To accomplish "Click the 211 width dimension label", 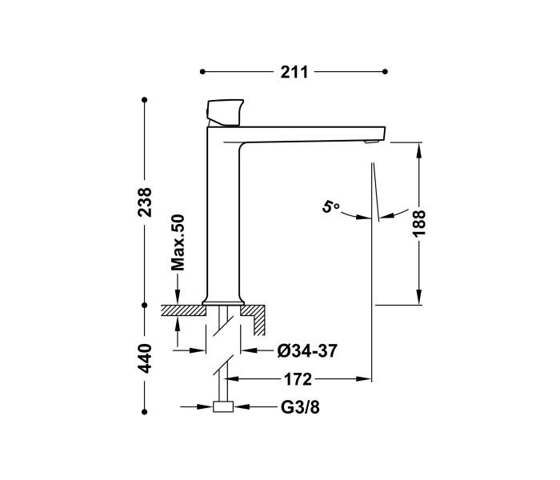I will pyautogui.click(x=294, y=72).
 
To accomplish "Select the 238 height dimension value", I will pyautogui.click(x=144, y=203).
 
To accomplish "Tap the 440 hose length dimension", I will pyautogui.click(x=144, y=358).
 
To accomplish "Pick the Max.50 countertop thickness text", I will pyautogui.click(x=178, y=242).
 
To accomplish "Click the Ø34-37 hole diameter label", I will pyautogui.click(x=306, y=350).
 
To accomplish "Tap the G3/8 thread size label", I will pyautogui.click(x=299, y=407).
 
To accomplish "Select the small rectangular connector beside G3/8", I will pyautogui.click(x=224, y=407).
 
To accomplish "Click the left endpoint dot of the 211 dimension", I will pyautogui.click(x=203, y=72).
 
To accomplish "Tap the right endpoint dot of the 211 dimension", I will pyautogui.click(x=386, y=72).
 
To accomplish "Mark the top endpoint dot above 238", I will pyautogui.click(x=144, y=100).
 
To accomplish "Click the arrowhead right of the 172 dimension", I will pyautogui.click(x=367, y=378).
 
